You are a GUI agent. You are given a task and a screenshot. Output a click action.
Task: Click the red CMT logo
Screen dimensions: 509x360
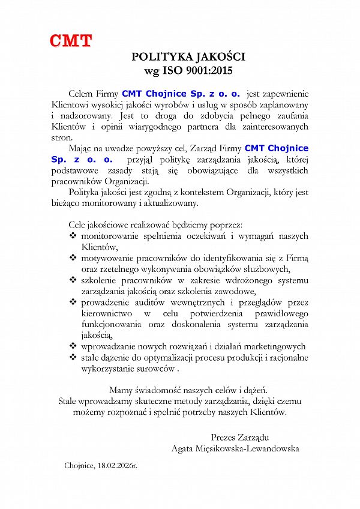pos(71,41)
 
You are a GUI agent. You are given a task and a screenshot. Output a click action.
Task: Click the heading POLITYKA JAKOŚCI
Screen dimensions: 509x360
pos(188,57)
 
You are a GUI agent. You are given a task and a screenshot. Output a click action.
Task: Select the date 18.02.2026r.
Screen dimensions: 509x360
pos(117,465)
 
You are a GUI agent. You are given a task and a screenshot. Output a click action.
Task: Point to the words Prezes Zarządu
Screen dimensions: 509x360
pos(239,436)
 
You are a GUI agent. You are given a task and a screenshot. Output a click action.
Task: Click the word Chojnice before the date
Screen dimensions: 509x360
pos(79,465)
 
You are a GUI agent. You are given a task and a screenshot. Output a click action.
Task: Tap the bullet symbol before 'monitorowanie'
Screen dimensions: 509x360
pos(73,236)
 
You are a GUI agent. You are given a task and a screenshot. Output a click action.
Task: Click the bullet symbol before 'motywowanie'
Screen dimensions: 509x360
pos(73,258)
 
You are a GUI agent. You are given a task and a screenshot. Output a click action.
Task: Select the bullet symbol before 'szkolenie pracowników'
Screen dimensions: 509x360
pos(73,280)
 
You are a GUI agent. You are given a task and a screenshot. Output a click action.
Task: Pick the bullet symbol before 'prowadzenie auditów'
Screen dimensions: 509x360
pos(73,302)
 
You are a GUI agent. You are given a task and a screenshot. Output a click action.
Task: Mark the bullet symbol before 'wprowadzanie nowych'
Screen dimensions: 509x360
pos(73,346)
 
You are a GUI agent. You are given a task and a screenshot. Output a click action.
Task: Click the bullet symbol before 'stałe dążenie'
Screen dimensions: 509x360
pos(73,358)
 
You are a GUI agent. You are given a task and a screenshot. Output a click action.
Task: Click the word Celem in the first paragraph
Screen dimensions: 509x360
pos(82,93)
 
